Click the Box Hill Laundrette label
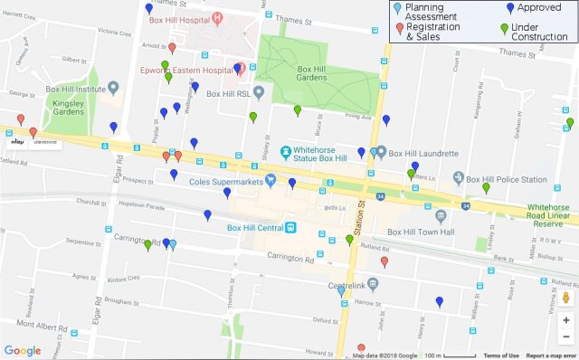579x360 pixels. pyautogui.click(x=415, y=151)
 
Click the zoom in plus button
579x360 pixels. pyautogui.click(x=565, y=319)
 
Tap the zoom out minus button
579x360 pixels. pyautogui.click(x=565, y=337)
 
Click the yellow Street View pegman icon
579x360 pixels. pyautogui.click(x=565, y=298)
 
